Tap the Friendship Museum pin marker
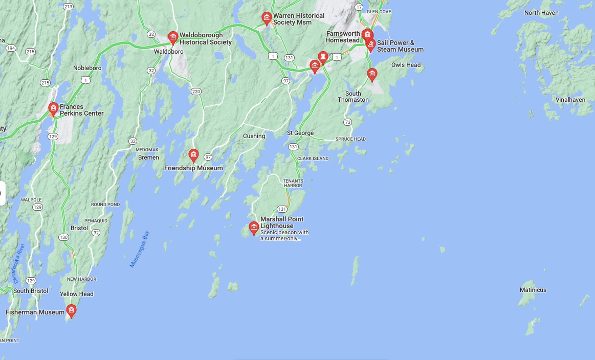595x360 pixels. pos(193,155)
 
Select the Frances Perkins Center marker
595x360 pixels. pos(53,108)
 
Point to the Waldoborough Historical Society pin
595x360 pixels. pos(173,37)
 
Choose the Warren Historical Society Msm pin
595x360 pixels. pos(267,18)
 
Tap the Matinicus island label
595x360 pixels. pos(533,290)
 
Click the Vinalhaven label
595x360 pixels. pos(570,100)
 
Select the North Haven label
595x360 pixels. pos(541,13)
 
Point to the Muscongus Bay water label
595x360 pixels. pos(139,250)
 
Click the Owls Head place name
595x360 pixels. pos(406,65)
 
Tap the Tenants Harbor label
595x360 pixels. pos(293,183)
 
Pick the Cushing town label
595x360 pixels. pos(254,136)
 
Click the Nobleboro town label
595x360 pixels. pos(87,68)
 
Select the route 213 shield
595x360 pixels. pos(68,7)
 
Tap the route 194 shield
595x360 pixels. pos(11,48)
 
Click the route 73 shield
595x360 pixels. pos(348,122)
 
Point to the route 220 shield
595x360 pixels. pos(196,92)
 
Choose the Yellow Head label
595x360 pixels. pos(77,294)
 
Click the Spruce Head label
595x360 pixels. pos(350,139)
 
